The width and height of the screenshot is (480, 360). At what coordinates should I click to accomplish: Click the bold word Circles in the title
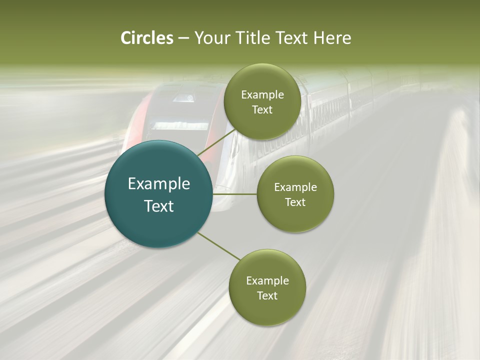tap(147, 38)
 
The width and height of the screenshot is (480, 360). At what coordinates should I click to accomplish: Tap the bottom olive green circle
tap(267, 310)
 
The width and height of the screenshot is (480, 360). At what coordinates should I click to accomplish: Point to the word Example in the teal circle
tap(158, 184)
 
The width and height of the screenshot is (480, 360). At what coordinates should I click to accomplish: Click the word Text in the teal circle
tap(158, 206)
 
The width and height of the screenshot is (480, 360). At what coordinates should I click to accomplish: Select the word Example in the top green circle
tap(262, 95)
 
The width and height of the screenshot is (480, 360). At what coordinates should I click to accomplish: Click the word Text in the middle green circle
tap(295, 202)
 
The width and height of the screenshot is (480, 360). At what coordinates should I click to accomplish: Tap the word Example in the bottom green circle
tap(267, 281)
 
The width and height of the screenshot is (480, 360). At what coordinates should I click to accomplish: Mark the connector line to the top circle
tap(216, 142)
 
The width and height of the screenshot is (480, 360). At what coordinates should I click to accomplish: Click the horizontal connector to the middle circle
tap(235, 194)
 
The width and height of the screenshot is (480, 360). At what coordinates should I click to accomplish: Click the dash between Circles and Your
tap(183, 38)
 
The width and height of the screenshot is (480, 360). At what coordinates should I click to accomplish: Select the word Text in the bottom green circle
tap(267, 296)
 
